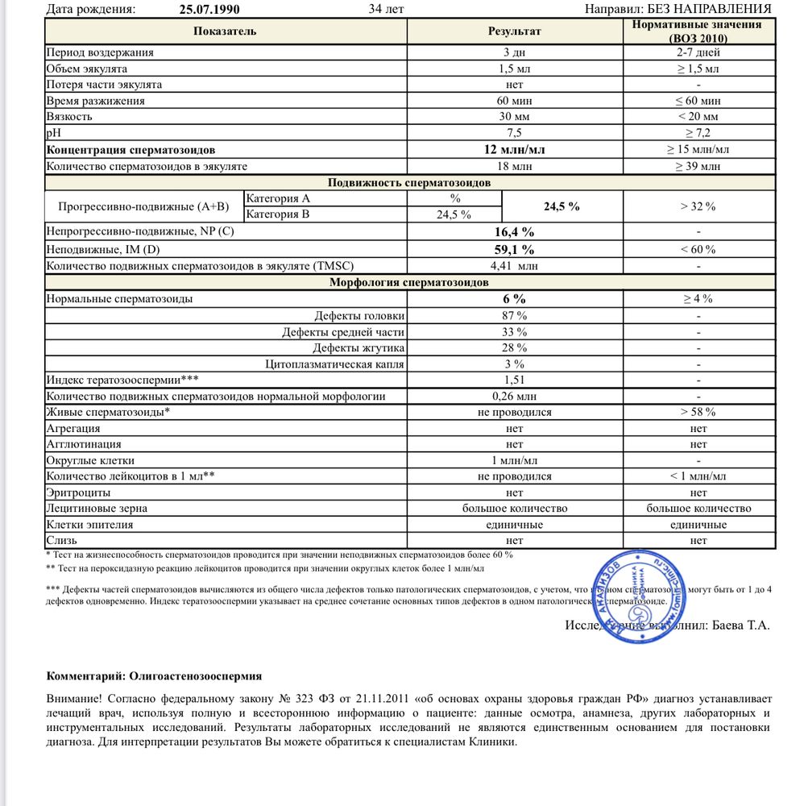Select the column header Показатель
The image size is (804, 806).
pyautogui.click(x=225, y=31)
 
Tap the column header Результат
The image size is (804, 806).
pyautogui.click(x=515, y=31)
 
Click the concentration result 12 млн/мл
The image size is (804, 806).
pyautogui.click(x=515, y=150)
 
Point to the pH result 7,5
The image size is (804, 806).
pyautogui.click(x=515, y=133)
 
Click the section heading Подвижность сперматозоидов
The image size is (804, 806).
pyautogui.click(x=409, y=183)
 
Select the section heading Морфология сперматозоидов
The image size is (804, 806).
pyautogui.click(x=409, y=282)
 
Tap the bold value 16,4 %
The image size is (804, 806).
pyautogui.click(x=515, y=232)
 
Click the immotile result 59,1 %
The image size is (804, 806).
pyautogui.click(x=515, y=249)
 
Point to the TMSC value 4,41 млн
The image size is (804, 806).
pyautogui.click(x=515, y=265)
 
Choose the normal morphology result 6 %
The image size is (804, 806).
pyautogui.click(x=515, y=299)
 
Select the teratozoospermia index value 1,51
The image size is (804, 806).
pyautogui.click(x=515, y=380)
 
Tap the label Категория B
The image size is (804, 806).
pyautogui.click(x=278, y=214)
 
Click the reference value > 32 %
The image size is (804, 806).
pyautogui.click(x=698, y=206)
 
